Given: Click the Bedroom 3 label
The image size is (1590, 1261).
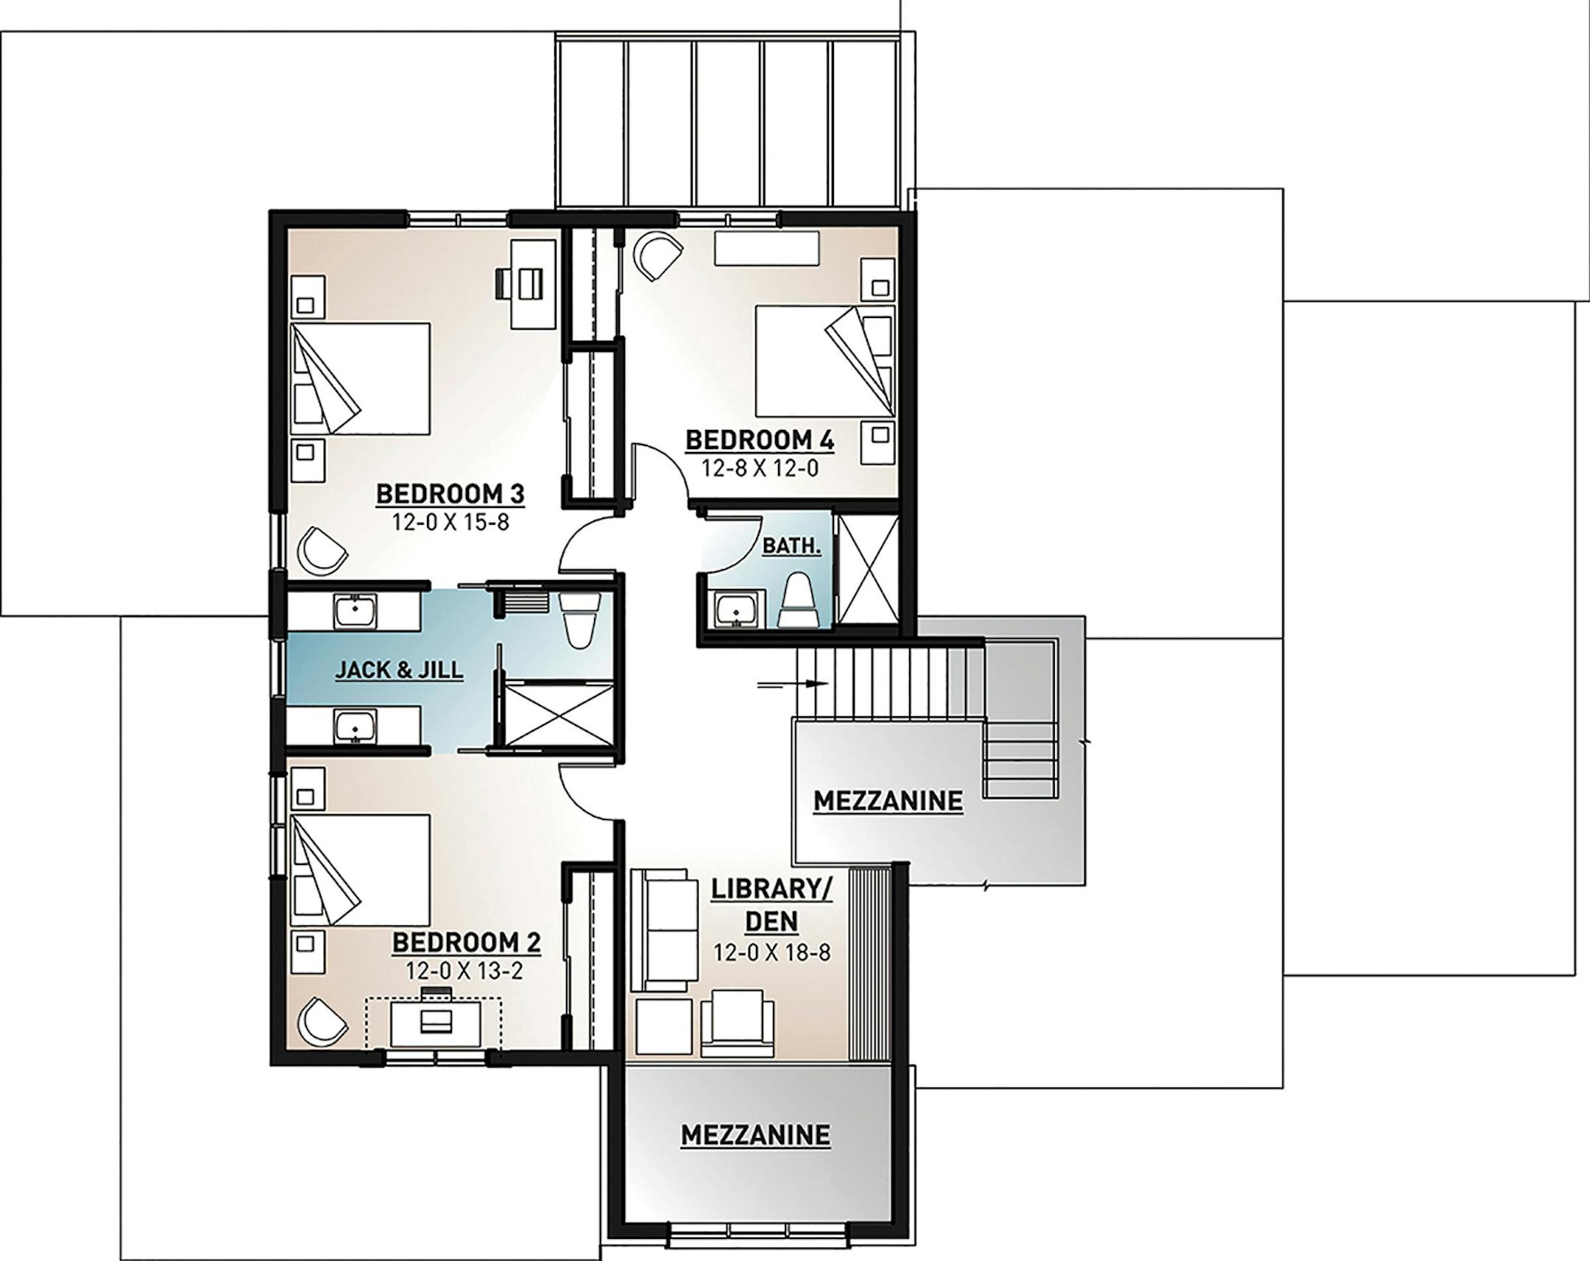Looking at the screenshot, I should coord(450,493).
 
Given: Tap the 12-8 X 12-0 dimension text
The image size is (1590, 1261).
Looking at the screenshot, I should coord(760,468).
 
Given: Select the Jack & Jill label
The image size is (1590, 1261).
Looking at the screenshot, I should coord(399,670).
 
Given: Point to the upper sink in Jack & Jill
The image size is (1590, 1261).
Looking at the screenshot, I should coord(356,611).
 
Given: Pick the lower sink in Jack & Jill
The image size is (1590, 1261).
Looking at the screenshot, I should coord(356,727).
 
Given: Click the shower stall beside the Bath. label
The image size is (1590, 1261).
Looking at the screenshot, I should coord(869,570).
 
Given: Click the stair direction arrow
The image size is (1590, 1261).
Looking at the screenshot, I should coord(793,684).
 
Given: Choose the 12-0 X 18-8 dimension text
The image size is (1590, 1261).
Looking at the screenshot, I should coord(771,952).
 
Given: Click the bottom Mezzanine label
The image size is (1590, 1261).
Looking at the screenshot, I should coord(755,1135).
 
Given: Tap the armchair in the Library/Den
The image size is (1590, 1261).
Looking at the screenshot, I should coord(737,1022).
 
